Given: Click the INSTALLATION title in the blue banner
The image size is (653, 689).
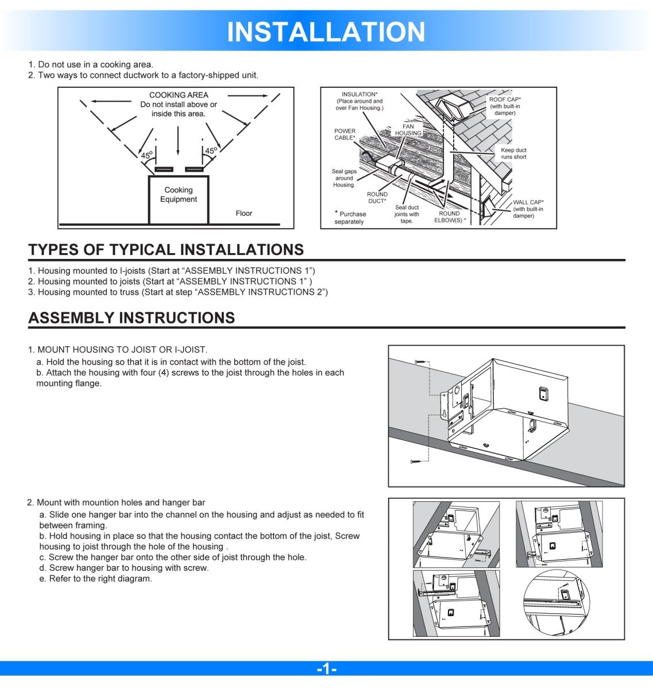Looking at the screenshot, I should coord(326,32).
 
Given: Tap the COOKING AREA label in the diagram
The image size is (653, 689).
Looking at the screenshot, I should coord(179,95).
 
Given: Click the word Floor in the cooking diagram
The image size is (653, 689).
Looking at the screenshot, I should coord(244,213).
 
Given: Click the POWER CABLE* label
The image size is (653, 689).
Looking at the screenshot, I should coord(345,134).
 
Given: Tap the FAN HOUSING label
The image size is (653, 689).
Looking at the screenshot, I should coord(408,130).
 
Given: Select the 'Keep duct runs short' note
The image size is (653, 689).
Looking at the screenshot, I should coord(513,153).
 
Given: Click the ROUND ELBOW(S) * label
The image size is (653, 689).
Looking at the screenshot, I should coord(450,217).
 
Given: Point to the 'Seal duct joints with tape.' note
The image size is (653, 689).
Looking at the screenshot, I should coord(407,214).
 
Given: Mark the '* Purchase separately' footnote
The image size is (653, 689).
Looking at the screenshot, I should coord(350,218).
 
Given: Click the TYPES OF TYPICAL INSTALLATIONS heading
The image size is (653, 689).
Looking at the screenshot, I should coord(166,250).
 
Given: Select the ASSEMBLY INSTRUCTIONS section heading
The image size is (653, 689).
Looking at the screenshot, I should coord(132,318).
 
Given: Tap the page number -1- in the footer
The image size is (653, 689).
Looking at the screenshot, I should coord(326,669).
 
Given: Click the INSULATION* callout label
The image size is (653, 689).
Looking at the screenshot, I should coord(360,101).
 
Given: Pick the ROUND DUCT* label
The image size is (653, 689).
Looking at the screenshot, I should coord(377,198).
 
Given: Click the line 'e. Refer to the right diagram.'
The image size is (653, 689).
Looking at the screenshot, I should coord(95,579).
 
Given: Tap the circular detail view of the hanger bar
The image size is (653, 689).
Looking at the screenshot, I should coord(555,603).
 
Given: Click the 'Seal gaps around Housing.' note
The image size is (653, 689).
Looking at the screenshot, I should coord(344,178).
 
